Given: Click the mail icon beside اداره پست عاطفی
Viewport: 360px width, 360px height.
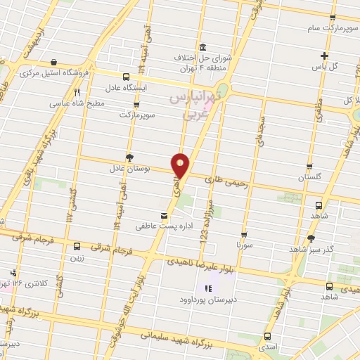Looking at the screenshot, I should tap(165, 214).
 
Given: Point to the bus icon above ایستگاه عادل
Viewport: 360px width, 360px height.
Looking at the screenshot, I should tap(127, 77).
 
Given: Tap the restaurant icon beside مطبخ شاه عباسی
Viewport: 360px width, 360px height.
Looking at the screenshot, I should tap(77, 91).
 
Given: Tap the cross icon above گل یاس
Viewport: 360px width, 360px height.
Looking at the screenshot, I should tap(324, 56).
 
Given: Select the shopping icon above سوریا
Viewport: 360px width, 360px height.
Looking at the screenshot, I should tap(244, 235).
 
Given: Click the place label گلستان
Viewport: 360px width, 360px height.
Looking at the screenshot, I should tap(311, 177).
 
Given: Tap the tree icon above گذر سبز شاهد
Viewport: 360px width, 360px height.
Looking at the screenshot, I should tap(311, 238).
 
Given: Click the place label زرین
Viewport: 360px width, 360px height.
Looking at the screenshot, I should tap(76, 258).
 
